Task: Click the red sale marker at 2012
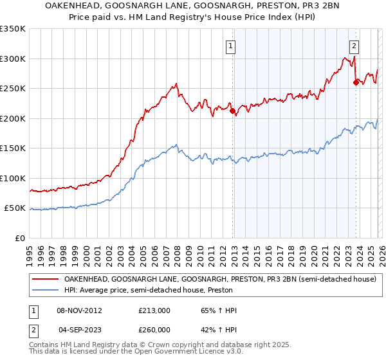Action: [232, 111]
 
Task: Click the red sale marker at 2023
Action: [356, 82]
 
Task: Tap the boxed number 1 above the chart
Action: [230, 46]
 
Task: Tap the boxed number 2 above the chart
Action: [354, 46]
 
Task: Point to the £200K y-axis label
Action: [13, 118]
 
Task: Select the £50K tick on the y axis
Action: [15, 208]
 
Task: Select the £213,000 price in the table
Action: [154, 310]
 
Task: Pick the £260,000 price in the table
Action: [154, 330]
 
